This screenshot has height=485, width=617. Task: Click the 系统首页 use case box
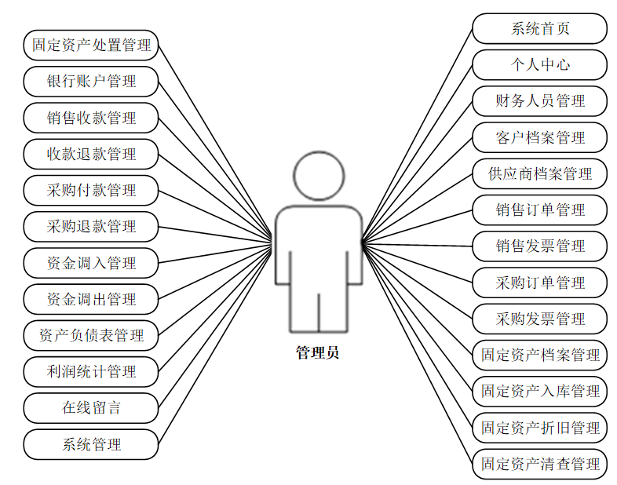pyautogui.click(x=539, y=29)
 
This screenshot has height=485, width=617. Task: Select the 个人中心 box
pyautogui.click(x=539, y=65)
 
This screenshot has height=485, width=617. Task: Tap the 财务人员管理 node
pyautogui.click(x=539, y=101)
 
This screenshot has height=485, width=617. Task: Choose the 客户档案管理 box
pyautogui.click(x=539, y=137)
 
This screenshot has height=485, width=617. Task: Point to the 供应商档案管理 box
pyautogui.click(x=539, y=173)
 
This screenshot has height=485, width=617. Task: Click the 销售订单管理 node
pyautogui.click(x=539, y=210)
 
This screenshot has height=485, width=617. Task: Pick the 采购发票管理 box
pyautogui.click(x=539, y=319)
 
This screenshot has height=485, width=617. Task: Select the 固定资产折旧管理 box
pyautogui.click(x=539, y=428)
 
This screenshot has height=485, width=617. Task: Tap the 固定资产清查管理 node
pyautogui.click(x=539, y=464)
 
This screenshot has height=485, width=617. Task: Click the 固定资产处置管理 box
pyautogui.click(x=91, y=45)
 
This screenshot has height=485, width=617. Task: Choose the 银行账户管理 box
pyautogui.click(x=91, y=81)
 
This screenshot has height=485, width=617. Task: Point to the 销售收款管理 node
pyautogui.click(x=91, y=118)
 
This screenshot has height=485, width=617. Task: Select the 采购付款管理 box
pyautogui.click(x=91, y=190)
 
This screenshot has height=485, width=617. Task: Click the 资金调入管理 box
pyautogui.click(x=91, y=263)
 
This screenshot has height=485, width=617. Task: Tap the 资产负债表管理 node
pyautogui.click(x=91, y=335)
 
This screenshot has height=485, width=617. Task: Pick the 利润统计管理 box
pyautogui.click(x=91, y=371)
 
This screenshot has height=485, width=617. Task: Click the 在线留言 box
pyautogui.click(x=91, y=407)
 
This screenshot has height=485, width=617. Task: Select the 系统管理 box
pyautogui.click(x=91, y=444)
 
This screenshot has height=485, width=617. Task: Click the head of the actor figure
pyautogui.click(x=318, y=177)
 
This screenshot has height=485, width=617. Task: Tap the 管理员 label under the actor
pyautogui.click(x=317, y=353)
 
